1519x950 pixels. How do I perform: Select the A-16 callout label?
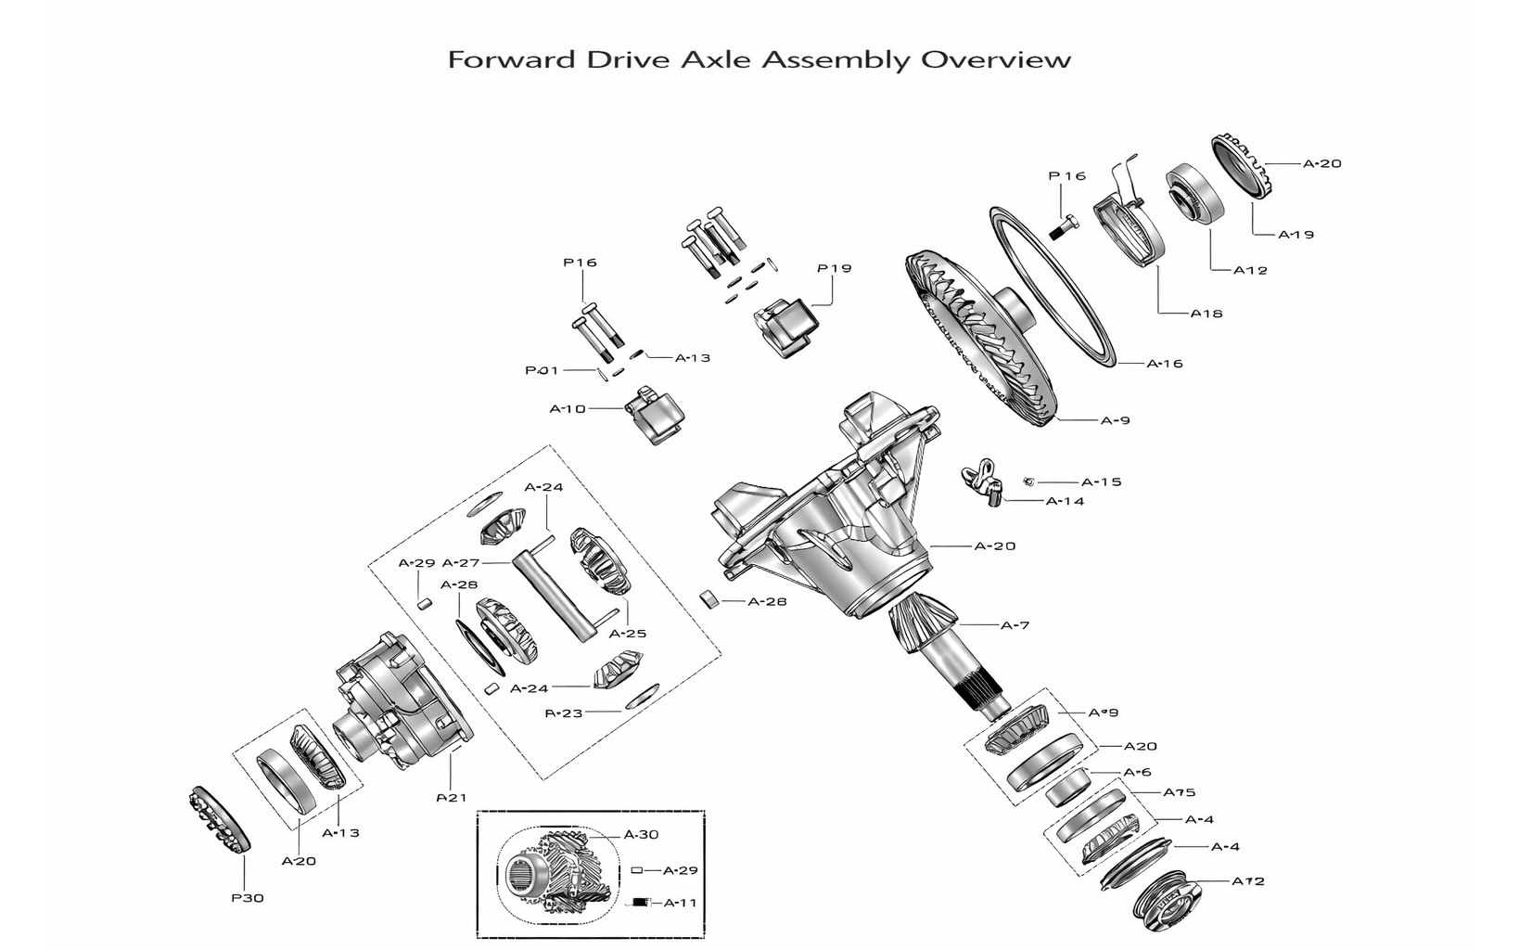(x=1165, y=364)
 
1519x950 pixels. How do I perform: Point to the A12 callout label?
(x=1250, y=271)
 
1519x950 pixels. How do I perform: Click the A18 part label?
(x=1206, y=314)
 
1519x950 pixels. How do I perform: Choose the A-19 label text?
(x=1296, y=235)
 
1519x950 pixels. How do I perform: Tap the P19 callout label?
(x=834, y=269)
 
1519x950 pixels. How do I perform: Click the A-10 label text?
(x=568, y=408)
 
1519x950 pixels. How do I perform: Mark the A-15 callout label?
(x=1101, y=482)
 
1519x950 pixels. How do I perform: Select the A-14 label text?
(x=1065, y=502)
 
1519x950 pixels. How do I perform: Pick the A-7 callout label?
(x=1015, y=625)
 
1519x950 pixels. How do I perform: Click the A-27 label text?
(x=460, y=563)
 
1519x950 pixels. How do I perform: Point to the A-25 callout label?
(x=627, y=635)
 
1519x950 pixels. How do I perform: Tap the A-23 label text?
(x=563, y=713)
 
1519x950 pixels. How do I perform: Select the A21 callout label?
(x=452, y=798)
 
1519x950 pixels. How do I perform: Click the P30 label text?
(x=248, y=898)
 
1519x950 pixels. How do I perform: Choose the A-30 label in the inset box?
(x=641, y=835)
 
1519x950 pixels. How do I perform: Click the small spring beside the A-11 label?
(x=640, y=903)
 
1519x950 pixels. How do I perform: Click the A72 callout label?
(x=1247, y=881)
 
